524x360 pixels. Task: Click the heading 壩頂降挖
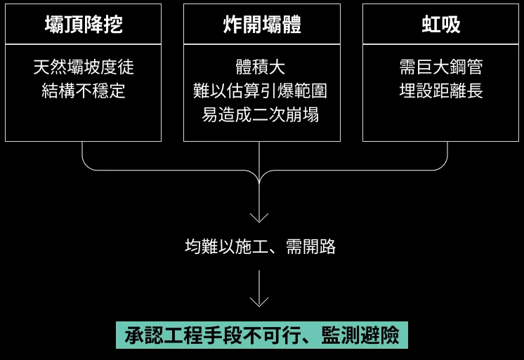tap(83, 25)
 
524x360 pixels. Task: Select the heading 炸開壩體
tap(261, 25)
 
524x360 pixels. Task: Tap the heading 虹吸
tap(440, 25)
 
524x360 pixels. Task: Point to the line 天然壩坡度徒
tap(83, 67)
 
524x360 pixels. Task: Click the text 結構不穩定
tap(83, 91)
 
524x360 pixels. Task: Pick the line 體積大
tap(261, 67)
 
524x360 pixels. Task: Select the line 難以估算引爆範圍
tap(261, 91)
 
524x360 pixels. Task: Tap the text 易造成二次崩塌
tap(261, 115)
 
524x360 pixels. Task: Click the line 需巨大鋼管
tap(440, 67)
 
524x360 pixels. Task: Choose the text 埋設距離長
tap(440, 91)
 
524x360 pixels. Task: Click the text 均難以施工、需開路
tap(260, 246)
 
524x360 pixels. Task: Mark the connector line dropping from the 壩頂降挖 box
tap(83, 154)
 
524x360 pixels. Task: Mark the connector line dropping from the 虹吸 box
tap(447, 154)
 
